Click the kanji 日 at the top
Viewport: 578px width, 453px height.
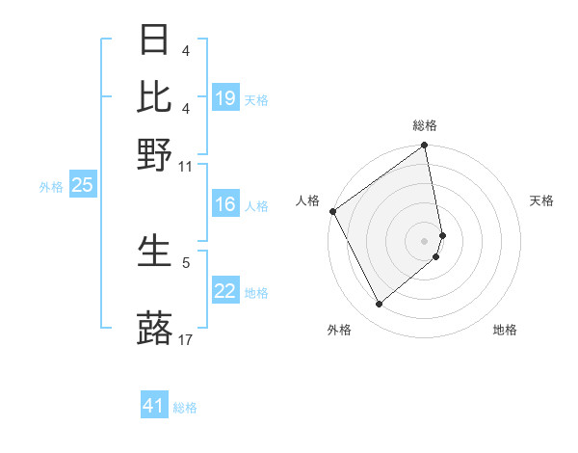tap(155, 40)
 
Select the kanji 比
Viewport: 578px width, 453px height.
tap(155, 95)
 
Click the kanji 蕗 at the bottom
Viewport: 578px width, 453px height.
tap(155, 328)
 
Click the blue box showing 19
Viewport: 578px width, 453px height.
tap(225, 98)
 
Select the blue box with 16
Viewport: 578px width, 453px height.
tap(225, 204)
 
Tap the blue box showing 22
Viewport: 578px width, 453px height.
tap(225, 291)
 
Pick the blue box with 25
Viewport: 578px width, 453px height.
tap(82, 185)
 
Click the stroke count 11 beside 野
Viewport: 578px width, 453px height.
tap(186, 167)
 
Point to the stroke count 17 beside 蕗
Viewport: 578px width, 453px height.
tap(186, 339)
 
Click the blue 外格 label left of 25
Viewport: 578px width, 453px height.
tap(50, 187)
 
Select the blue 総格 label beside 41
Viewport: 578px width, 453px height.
tap(185, 408)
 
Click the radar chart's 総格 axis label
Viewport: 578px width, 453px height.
tap(425, 125)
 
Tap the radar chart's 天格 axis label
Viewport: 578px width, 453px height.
tap(541, 200)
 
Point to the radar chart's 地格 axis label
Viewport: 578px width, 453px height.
tap(505, 330)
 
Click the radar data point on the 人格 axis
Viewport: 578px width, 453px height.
tap(332, 211)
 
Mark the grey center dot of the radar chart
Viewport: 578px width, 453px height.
tap(425, 240)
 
